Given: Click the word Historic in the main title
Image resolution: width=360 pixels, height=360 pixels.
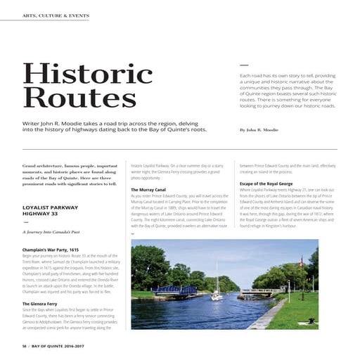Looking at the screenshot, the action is [87, 74].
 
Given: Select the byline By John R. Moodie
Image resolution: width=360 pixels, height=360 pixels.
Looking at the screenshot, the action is [258, 130].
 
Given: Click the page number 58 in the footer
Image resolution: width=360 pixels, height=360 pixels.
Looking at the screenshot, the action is [25, 347].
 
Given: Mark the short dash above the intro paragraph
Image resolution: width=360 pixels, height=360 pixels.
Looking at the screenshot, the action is [244, 62].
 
